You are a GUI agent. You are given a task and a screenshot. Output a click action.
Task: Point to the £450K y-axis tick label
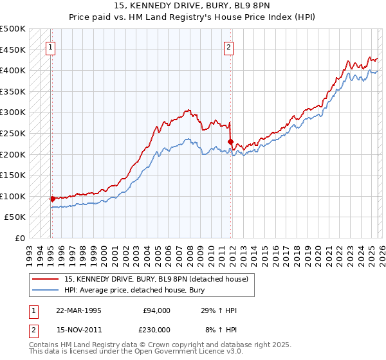pyautogui.click(x=13, y=50)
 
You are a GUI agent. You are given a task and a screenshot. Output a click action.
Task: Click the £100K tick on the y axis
pyautogui.click(x=13, y=196)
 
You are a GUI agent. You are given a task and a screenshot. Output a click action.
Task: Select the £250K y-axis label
pyautogui.click(x=13, y=133)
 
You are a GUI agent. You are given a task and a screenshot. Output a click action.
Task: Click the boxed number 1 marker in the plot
pyautogui.click(x=51, y=46)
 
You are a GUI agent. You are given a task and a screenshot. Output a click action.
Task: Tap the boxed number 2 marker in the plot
pyautogui.click(x=228, y=46)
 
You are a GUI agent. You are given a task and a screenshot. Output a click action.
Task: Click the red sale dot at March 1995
pyautogui.click(x=52, y=199)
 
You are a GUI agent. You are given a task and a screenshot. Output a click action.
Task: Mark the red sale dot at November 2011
pyautogui.click(x=230, y=141)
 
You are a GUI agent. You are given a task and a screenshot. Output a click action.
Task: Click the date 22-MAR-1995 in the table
pyautogui.click(x=78, y=310)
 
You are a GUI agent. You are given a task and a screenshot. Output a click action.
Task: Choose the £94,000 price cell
pyautogui.click(x=156, y=310)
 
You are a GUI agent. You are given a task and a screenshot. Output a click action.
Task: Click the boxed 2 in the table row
pyautogui.click(x=33, y=329)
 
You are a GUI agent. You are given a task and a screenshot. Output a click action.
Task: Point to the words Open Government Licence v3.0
pyautogui.click(x=184, y=352)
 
